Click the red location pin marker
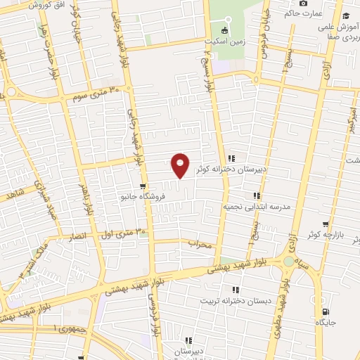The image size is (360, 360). click(181, 165)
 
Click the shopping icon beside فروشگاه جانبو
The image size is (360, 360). click(143, 186)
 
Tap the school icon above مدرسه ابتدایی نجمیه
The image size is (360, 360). click(257, 195)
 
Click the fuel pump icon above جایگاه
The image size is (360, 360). click(325, 311)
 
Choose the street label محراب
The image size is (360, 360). click(200, 243)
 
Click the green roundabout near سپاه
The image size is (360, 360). click(288, 262)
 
